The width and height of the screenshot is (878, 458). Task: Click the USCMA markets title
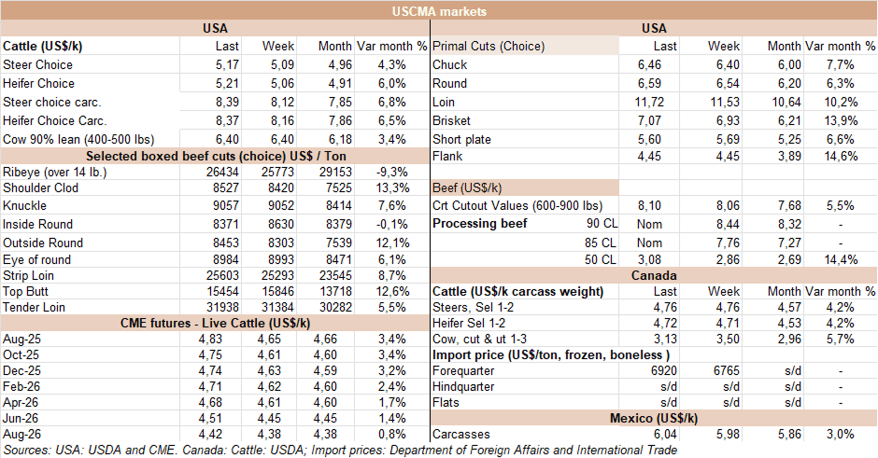[439, 10]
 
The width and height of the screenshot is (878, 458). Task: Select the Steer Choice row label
[38, 65]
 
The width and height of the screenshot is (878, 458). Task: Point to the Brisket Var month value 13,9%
[840, 121]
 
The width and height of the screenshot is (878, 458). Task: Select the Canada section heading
[653, 275]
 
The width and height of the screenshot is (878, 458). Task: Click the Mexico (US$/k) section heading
[653, 417]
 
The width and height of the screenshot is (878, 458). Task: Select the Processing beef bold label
[479, 224]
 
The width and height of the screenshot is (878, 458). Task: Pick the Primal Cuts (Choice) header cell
[489, 47]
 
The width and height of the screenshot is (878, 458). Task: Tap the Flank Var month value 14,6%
[840, 157]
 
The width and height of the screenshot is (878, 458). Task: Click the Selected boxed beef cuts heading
[214, 155]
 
